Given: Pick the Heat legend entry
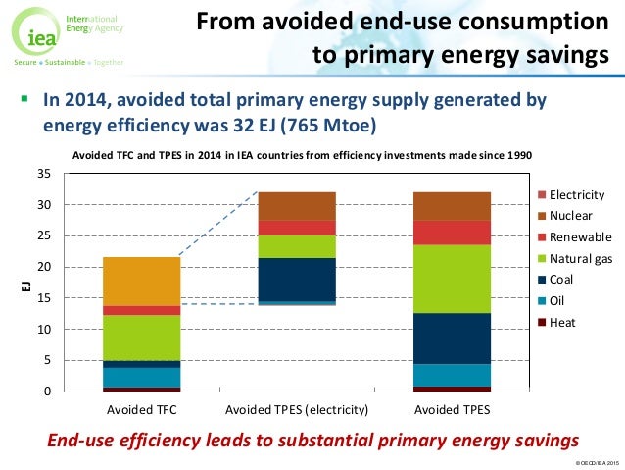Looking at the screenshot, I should (562, 322).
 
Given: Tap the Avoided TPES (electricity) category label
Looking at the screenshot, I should (296, 408).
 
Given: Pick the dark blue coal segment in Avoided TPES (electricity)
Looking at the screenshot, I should (296, 279).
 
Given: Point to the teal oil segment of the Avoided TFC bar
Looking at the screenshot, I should (142, 377).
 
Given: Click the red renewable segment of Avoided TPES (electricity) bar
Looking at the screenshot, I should (296, 227).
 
